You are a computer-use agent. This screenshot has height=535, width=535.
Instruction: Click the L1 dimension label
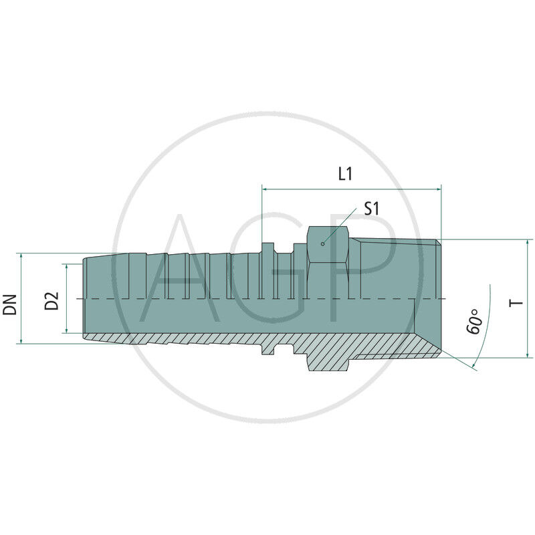click(x=345, y=175)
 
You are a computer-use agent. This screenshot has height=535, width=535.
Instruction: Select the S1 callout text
click(x=371, y=209)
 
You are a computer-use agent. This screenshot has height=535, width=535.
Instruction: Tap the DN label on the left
click(x=9, y=299)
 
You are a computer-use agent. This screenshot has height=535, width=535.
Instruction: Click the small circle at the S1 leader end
click(x=322, y=243)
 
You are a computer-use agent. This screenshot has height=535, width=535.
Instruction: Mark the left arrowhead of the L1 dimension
click(x=265, y=189)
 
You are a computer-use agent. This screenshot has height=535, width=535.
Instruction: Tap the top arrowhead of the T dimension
click(x=528, y=243)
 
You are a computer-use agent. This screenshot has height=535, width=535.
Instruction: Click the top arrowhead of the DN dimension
click(x=23, y=257)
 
